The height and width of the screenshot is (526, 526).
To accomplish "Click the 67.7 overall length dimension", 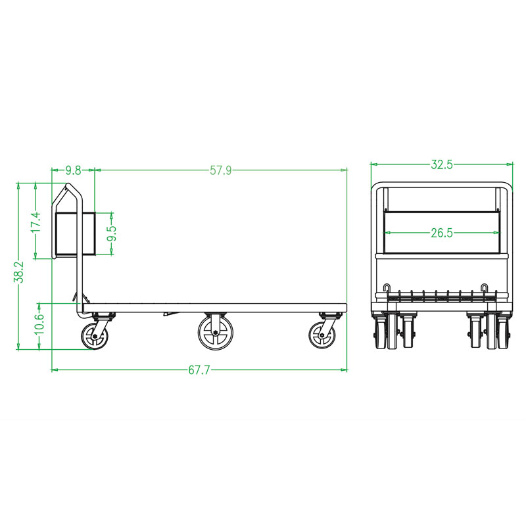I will [199, 370].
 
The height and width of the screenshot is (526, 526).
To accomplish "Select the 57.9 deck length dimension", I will [221, 170].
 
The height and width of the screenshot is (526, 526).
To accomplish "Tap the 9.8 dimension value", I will [74, 170].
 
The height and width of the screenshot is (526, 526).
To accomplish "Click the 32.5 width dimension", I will [441, 165].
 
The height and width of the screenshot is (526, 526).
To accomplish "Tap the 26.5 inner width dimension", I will [441, 233].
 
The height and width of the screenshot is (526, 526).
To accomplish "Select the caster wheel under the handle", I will [95, 335].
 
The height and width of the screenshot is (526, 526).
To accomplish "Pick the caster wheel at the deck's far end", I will [322, 335].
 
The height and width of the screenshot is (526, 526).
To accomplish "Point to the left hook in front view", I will [387, 289].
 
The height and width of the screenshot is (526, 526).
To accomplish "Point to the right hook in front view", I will [485, 289].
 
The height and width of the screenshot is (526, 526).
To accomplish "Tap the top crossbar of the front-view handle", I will [441, 184].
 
